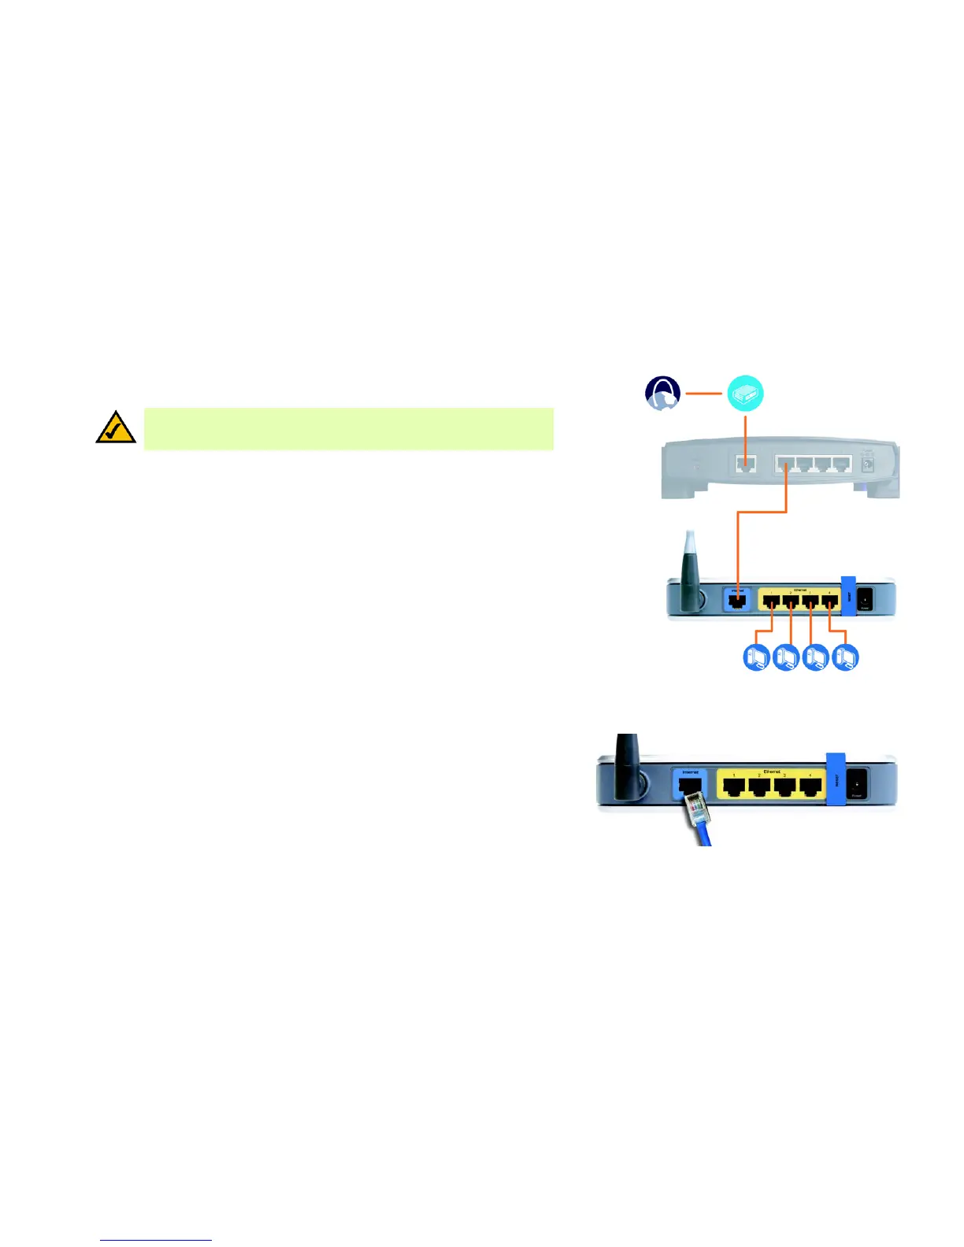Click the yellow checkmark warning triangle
tap(116, 427)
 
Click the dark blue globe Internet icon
tap(662, 394)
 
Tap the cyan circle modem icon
tap(744, 394)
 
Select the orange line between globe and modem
tap(703, 394)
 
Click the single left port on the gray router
tap(745, 464)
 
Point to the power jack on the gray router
tap(868, 464)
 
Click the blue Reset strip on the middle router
tap(848, 597)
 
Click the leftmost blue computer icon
tap(756, 657)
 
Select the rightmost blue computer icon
tap(845, 657)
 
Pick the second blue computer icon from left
tap(786, 657)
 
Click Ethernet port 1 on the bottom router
tap(734, 786)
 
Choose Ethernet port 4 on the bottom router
tap(809, 786)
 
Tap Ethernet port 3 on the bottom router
tap(784, 786)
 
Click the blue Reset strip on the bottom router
tap(835, 779)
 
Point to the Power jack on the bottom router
tap(856, 783)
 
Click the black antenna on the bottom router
tap(628, 760)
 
